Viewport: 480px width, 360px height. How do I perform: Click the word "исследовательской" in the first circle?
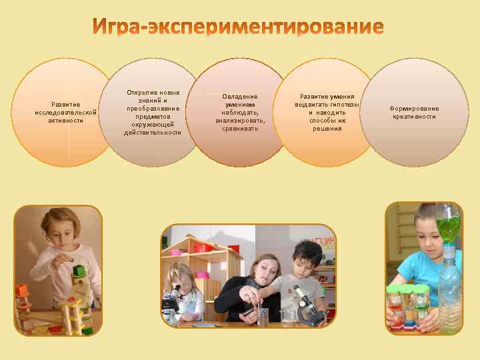coord(66,112)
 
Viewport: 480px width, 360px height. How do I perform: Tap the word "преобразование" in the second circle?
coord(153,108)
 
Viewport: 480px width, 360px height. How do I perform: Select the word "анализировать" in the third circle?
coord(240,121)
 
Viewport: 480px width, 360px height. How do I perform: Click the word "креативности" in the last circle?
coord(414,117)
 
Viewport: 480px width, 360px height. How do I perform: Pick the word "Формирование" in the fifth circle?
coord(414,108)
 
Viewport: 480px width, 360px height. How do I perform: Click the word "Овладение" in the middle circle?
coord(240,97)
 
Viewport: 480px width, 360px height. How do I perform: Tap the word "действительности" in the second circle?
coord(153,133)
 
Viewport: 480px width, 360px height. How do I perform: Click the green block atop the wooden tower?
coord(79,271)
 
